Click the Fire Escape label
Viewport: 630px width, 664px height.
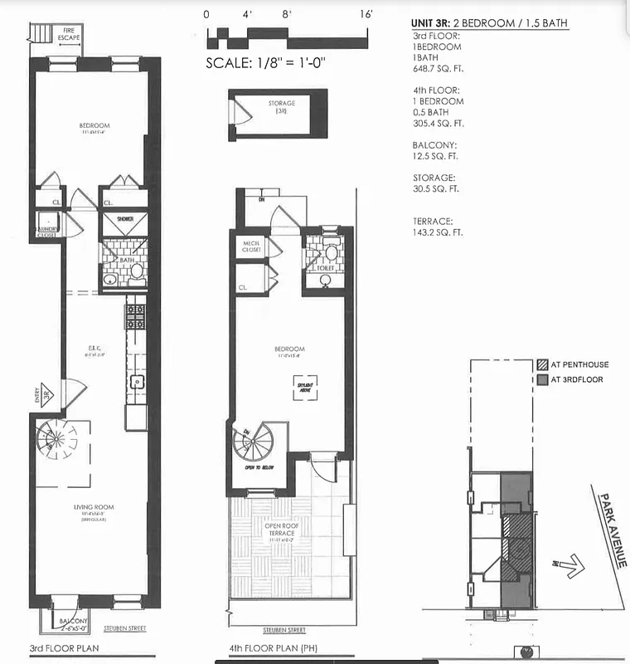pyautogui.click(x=69, y=34)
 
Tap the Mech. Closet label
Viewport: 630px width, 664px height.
pyautogui.click(x=251, y=247)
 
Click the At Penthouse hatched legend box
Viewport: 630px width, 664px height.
pyautogui.click(x=542, y=364)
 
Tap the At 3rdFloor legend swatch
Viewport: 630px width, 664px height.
pyautogui.click(x=542, y=379)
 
